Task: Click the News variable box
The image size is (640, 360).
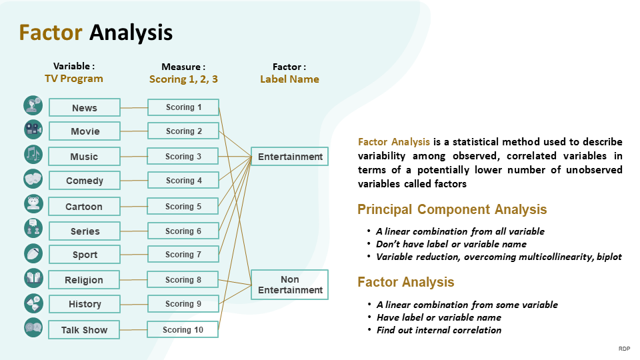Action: (x=85, y=107)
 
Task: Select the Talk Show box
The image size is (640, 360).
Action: (x=84, y=330)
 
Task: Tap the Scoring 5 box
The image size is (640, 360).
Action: (x=183, y=206)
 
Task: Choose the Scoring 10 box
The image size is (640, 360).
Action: (x=183, y=329)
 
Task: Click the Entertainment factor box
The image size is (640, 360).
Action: (x=290, y=156)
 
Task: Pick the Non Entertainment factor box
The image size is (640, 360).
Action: (x=290, y=285)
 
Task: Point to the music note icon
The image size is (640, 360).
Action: (x=33, y=154)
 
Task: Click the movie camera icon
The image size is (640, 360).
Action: (x=33, y=129)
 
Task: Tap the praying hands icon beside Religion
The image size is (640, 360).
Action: (x=33, y=279)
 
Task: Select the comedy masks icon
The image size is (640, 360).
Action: (x=33, y=179)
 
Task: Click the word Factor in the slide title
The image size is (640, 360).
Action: (x=51, y=32)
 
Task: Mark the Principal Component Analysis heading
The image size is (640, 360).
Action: (x=452, y=209)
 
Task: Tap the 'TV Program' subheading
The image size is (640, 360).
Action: (x=74, y=79)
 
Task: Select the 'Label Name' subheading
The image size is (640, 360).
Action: (x=290, y=79)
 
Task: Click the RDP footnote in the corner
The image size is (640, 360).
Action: (x=624, y=349)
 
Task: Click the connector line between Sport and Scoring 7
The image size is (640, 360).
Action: (x=134, y=254)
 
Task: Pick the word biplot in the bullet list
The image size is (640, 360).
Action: (x=609, y=257)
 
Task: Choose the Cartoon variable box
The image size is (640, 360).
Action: (x=84, y=206)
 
